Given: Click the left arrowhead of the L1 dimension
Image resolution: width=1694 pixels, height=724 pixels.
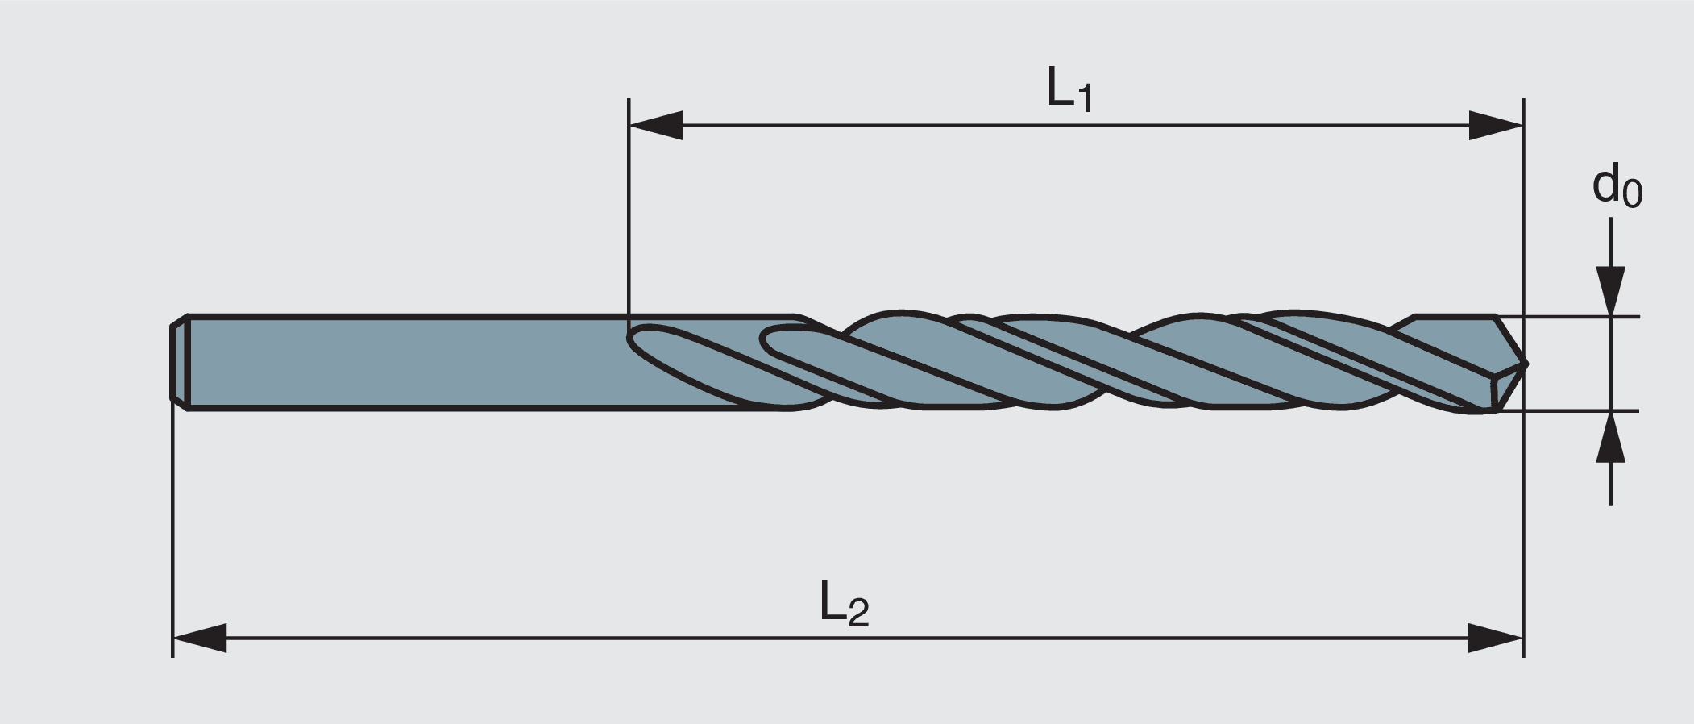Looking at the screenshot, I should (656, 126).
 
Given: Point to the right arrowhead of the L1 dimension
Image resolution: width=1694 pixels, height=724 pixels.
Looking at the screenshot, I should (1495, 126).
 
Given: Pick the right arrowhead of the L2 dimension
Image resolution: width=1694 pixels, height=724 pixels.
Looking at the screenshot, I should (1495, 638).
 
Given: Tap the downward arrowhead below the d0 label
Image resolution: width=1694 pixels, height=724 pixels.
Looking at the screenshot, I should (1610, 290).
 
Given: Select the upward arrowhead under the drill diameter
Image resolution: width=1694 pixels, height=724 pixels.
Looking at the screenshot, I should (1610, 437).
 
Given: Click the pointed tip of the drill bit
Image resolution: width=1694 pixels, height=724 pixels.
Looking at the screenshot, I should (1525, 363).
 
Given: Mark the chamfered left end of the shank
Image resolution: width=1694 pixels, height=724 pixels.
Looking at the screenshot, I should (179, 363).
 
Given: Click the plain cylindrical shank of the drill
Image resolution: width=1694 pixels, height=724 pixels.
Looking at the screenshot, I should (403, 363).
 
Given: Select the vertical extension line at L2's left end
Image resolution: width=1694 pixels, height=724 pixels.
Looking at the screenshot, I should (172, 524).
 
